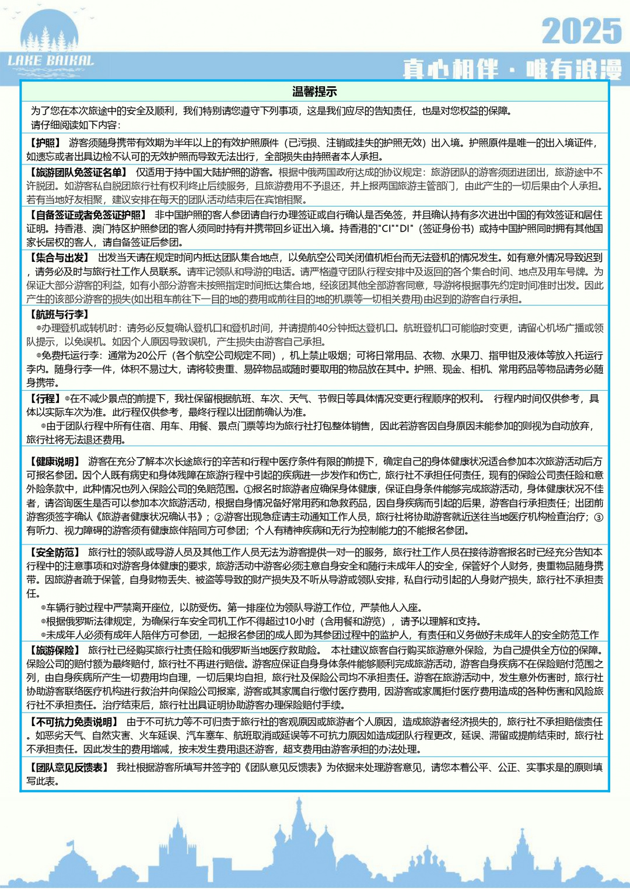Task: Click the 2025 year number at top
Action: (581, 31)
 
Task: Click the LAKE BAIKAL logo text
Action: (51, 61)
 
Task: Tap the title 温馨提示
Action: (314, 92)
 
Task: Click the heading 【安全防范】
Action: (54, 552)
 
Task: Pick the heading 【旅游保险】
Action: (54, 650)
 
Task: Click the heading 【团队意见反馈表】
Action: (68, 768)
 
